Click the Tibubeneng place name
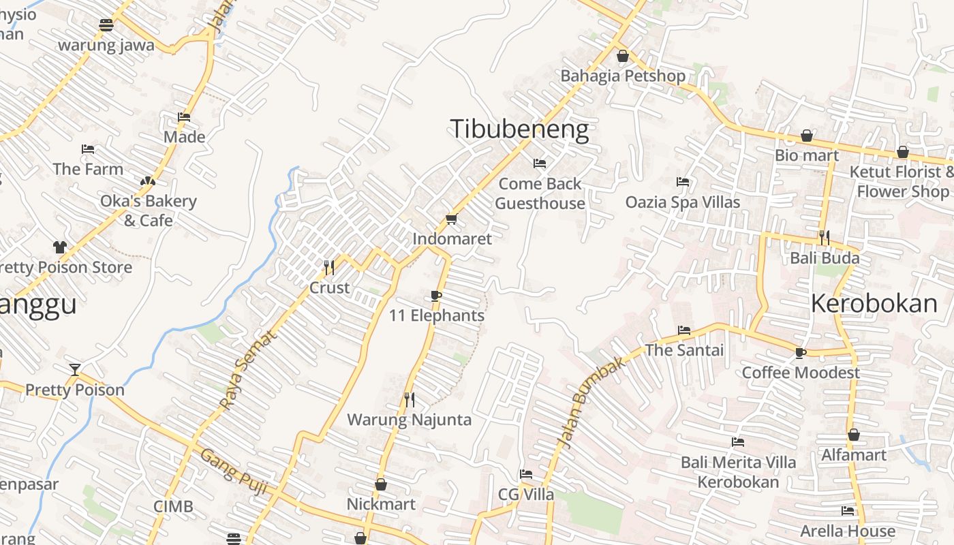pos(519,129)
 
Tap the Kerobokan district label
pos(874,304)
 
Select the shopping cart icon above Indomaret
pos(451,219)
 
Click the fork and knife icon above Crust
pos(329,267)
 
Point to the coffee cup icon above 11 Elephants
pos(436,296)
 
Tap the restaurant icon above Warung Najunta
pos(410,400)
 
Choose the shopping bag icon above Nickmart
pos(381,484)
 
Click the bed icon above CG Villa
pos(525,474)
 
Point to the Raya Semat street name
pos(249,370)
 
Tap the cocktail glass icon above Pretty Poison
pos(75,370)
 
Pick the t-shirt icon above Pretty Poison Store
pos(60,247)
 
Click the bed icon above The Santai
pos(684,330)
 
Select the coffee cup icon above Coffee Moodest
pos(801,353)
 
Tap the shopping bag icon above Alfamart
pos(854,435)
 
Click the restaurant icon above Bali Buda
pos(825,238)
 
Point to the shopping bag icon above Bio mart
pos(807,136)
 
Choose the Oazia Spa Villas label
pos(683,202)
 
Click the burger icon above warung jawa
pos(106,26)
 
